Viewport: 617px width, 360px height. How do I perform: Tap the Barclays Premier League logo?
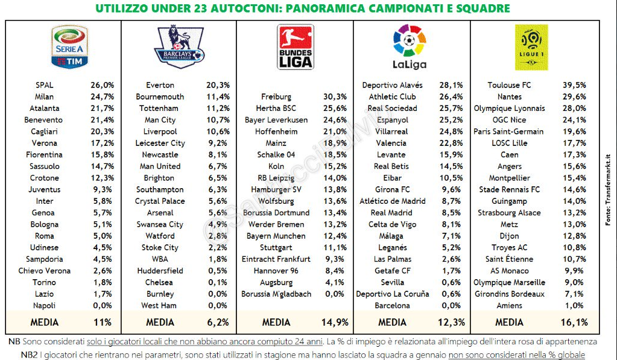[x=179, y=46]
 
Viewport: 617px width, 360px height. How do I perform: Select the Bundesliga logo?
[x=295, y=46]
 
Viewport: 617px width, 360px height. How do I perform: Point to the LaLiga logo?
[x=409, y=46]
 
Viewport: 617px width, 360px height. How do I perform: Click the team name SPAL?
[x=45, y=85]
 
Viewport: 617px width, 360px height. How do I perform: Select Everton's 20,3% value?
[x=217, y=85]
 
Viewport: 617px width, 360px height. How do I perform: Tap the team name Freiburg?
[x=276, y=96]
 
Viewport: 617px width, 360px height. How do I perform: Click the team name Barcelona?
[x=392, y=305]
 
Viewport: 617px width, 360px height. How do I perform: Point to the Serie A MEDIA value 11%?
[x=103, y=322]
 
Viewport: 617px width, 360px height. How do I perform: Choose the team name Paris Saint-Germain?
[x=509, y=131]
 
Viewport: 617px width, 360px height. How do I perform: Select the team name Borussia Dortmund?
[x=276, y=212]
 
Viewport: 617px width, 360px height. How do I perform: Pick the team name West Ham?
[x=160, y=305]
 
